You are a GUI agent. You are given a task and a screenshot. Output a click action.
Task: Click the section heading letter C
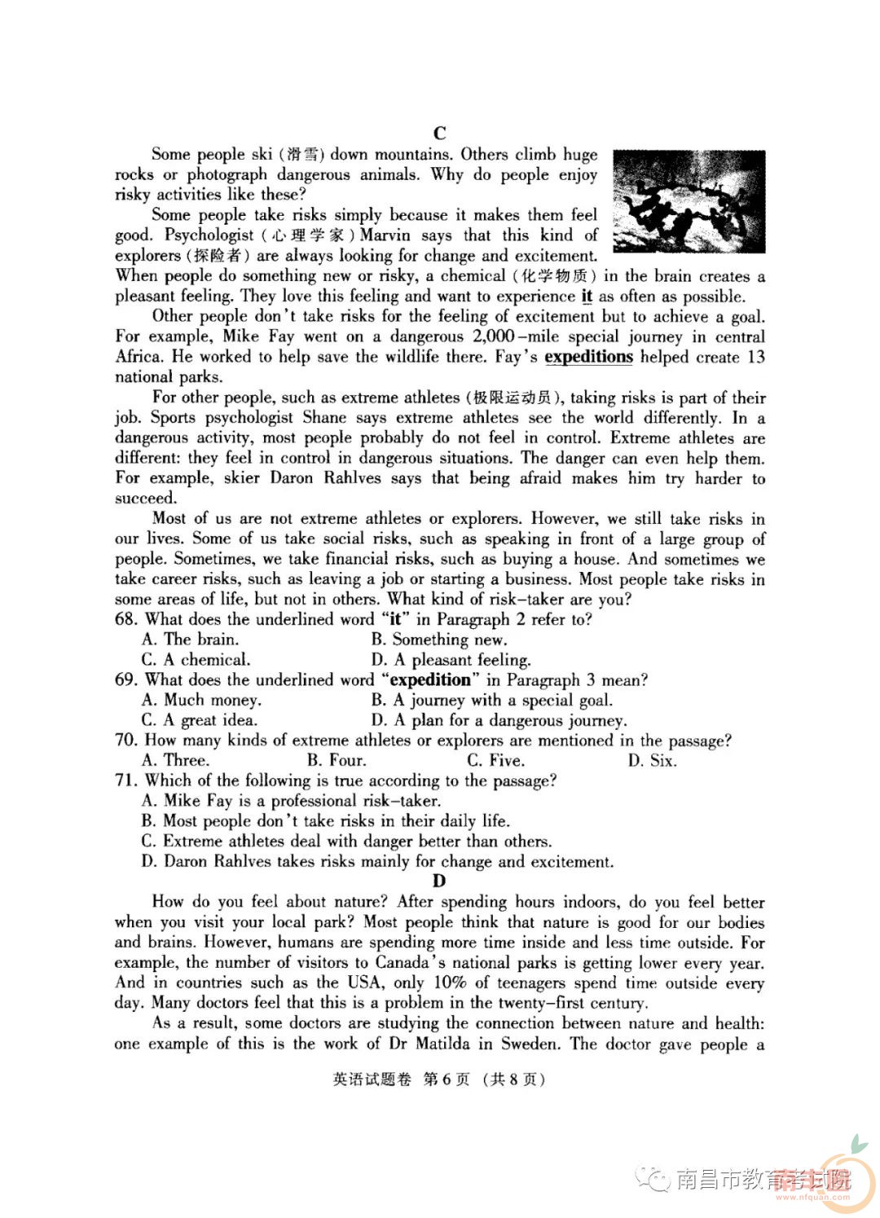pyautogui.click(x=440, y=134)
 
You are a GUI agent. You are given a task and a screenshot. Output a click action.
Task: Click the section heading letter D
pyautogui.click(x=440, y=881)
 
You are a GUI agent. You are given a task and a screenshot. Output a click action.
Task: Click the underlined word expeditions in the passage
pyautogui.click(x=588, y=357)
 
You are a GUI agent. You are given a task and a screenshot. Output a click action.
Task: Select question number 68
pyautogui.click(x=126, y=619)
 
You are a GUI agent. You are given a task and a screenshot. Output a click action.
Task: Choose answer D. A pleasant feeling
pyautogui.click(x=451, y=660)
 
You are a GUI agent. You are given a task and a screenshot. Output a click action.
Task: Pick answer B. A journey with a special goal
pyautogui.click(x=491, y=700)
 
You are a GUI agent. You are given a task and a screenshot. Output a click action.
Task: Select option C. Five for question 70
pyautogui.click(x=495, y=760)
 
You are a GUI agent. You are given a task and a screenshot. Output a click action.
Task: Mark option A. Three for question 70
pyautogui.click(x=175, y=760)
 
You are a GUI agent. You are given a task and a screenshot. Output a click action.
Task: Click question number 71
pyautogui.click(x=126, y=780)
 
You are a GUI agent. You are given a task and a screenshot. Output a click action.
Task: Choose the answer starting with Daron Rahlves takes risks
pyautogui.click(x=376, y=861)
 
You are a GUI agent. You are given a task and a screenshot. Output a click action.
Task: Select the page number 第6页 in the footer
pyautogui.click(x=447, y=1079)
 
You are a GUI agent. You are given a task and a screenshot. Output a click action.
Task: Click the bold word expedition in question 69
pyautogui.click(x=430, y=680)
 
